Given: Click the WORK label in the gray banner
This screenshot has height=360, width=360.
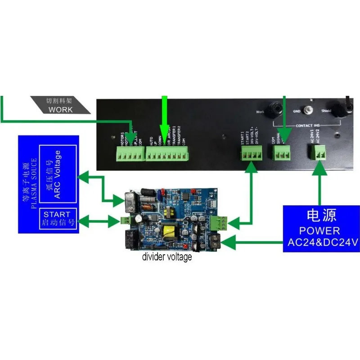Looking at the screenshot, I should (x=60, y=109).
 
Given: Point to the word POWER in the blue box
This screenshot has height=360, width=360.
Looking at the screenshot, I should (x=320, y=231).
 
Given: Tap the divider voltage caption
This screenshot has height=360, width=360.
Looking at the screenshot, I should (x=167, y=257).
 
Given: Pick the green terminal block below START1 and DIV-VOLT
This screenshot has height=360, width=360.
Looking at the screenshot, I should (x=251, y=154).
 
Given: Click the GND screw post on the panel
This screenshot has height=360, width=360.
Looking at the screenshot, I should (x=308, y=110).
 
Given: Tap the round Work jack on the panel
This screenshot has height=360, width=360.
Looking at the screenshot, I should (x=272, y=110).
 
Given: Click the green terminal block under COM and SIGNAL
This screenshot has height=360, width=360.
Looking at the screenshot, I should (x=282, y=153).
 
